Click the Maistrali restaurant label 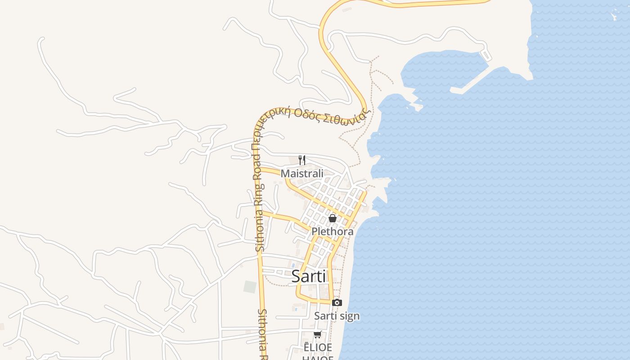[302, 173]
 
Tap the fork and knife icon [302, 160]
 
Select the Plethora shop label [333, 231]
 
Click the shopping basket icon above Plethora [333, 218]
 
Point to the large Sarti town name [309, 276]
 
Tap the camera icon [337, 302]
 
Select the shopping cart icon [318, 334]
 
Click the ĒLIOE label [318, 347]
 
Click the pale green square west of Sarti [250, 287]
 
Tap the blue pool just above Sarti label [293, 265]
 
